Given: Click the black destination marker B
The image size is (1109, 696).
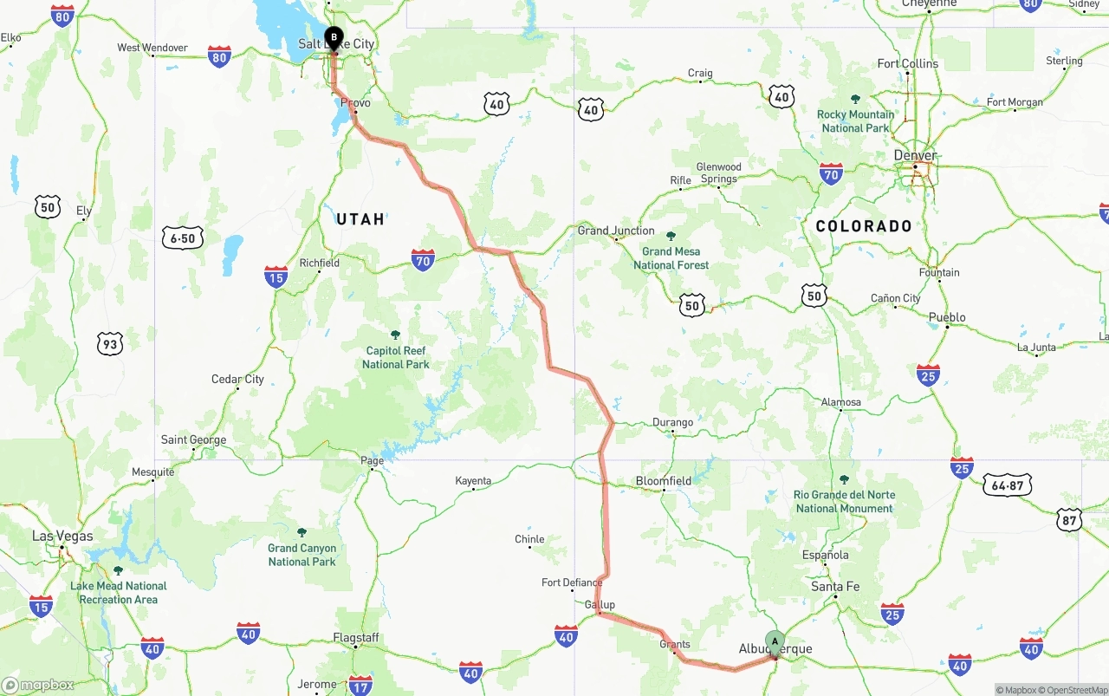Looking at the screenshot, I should (x=334, y=38).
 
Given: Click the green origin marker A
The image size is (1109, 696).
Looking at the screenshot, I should (x=775, y=642).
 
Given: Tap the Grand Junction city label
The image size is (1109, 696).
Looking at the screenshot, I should (x=616, y=231).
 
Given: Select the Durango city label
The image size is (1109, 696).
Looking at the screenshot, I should (x=672, y=422).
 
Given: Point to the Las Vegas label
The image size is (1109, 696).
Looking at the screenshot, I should (x=62, y=537).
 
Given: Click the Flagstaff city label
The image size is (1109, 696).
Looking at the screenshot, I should (x=357, y=637).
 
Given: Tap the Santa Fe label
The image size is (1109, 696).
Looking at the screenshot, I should (x=835, y=587).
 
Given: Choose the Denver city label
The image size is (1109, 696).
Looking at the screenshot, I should (x=915, y=156).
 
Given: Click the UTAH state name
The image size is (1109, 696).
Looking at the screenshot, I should (x=360, y=219).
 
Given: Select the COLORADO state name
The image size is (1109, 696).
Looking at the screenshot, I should (x=864, y=226).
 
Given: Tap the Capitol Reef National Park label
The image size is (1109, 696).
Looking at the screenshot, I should (x=395, y=357).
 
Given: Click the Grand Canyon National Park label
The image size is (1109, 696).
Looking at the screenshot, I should (x=302, y=555).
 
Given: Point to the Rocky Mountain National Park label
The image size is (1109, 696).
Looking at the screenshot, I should (x=855, y=120).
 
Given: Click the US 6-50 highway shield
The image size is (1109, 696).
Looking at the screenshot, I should (x=183, y=237).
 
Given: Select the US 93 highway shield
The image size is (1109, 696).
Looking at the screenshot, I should (x=109, y=344).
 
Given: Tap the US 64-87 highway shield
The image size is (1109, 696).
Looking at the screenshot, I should (x=1007, y=485).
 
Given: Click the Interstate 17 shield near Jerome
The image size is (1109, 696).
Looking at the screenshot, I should (x=360, y=685).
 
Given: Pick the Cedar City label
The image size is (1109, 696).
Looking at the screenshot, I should (x=237, y=379).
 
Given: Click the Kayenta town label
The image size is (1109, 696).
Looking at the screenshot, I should (x=473, y=481).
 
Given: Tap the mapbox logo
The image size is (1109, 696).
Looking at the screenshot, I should (x=38, y=686).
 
